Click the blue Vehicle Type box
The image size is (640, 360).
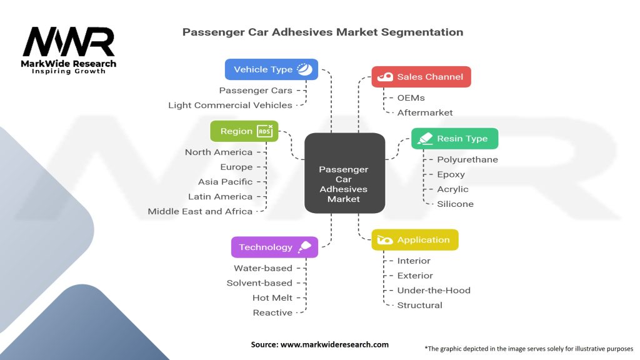[271, 69]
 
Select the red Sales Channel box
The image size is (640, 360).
[421, 77]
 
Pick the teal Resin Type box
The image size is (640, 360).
[454, 138]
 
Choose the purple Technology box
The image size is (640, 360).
[274, 247]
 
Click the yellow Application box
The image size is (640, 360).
[414, 240]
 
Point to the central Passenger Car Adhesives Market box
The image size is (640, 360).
[344, 184]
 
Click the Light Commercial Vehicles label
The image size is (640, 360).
[230, 105]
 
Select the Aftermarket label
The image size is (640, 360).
[425, 112]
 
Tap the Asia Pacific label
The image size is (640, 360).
[225, 182]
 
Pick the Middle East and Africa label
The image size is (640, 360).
[200, 211]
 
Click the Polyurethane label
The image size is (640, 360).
[467, 159]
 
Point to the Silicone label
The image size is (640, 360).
[455, 204]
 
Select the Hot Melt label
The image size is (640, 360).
[272, 297]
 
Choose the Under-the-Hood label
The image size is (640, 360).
[434, 290]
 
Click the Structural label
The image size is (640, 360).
[419, 305]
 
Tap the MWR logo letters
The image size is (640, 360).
[69, 42]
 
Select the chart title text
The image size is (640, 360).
[322, 32]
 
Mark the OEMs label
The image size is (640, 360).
[411, 97]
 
